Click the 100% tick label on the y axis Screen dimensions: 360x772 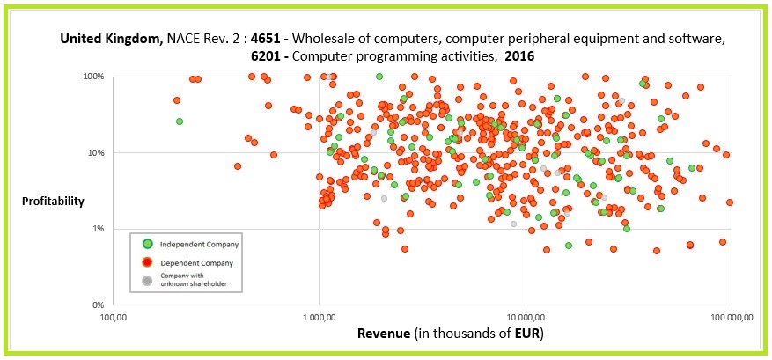click(x=93, y=77)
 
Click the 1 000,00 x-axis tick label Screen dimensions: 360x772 click(x=318, y=317)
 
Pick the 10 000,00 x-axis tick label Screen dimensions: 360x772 click(x=525, y=317)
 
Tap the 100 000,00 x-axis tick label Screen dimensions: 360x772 click(x=731, y=317)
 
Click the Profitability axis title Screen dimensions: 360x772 click(x=54, y=201)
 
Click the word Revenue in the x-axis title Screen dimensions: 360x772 click(x=384, y=334)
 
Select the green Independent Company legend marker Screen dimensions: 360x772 click(x=148, y=244)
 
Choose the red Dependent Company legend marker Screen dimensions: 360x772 click(x=148, y=262)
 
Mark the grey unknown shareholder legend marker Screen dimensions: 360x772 click(x=148, y=281)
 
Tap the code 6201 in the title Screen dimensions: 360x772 click(x=268, y=55)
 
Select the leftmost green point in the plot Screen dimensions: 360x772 click(x=180, y=121)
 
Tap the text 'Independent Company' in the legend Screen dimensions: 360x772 click(x=200, y=244)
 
